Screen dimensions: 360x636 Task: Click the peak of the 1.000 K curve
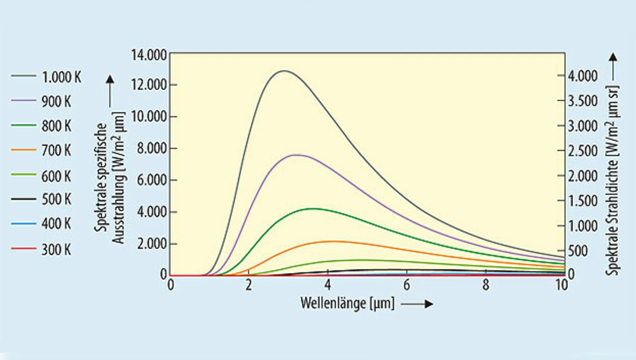[284, 71]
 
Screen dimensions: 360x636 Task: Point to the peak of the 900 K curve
[296, 155]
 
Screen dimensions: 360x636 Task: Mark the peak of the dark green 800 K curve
[313, 209]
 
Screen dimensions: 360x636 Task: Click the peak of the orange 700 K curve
[332, 241]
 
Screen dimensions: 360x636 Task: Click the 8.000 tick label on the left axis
[151, 148]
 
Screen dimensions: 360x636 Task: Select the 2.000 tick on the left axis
[151, 244]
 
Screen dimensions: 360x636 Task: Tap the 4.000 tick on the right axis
[583, 76]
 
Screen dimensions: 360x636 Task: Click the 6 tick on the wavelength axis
[406, 286]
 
